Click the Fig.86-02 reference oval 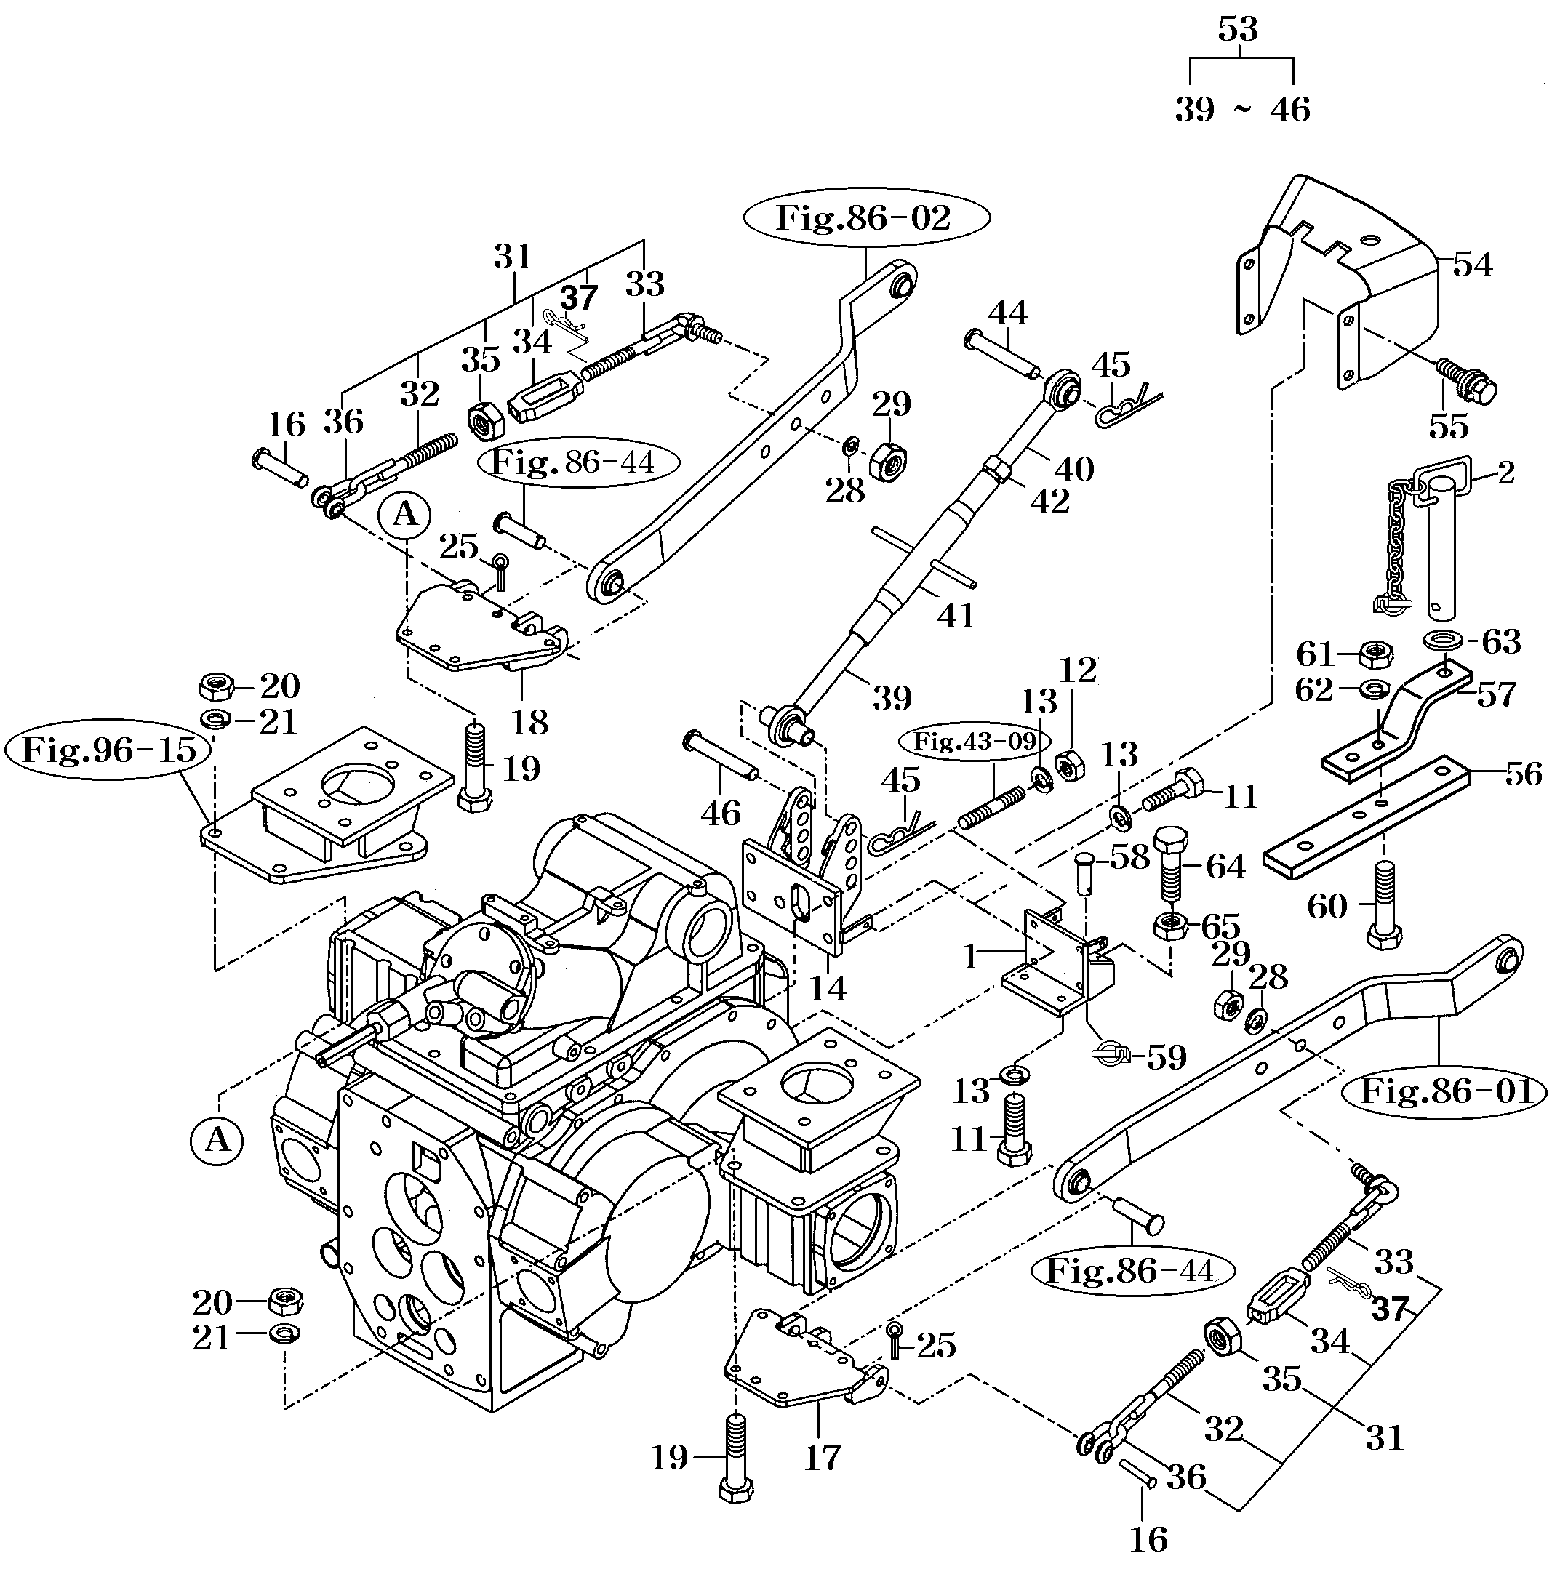pos(865,218)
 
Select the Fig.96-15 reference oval pos(108,749)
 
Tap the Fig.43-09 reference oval pos(973,741)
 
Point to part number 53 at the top pos(1237,30)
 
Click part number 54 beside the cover pos(1472,265)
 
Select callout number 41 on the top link pos(956,615)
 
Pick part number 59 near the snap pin pos(1166,1057)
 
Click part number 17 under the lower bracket pos(822,1458)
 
